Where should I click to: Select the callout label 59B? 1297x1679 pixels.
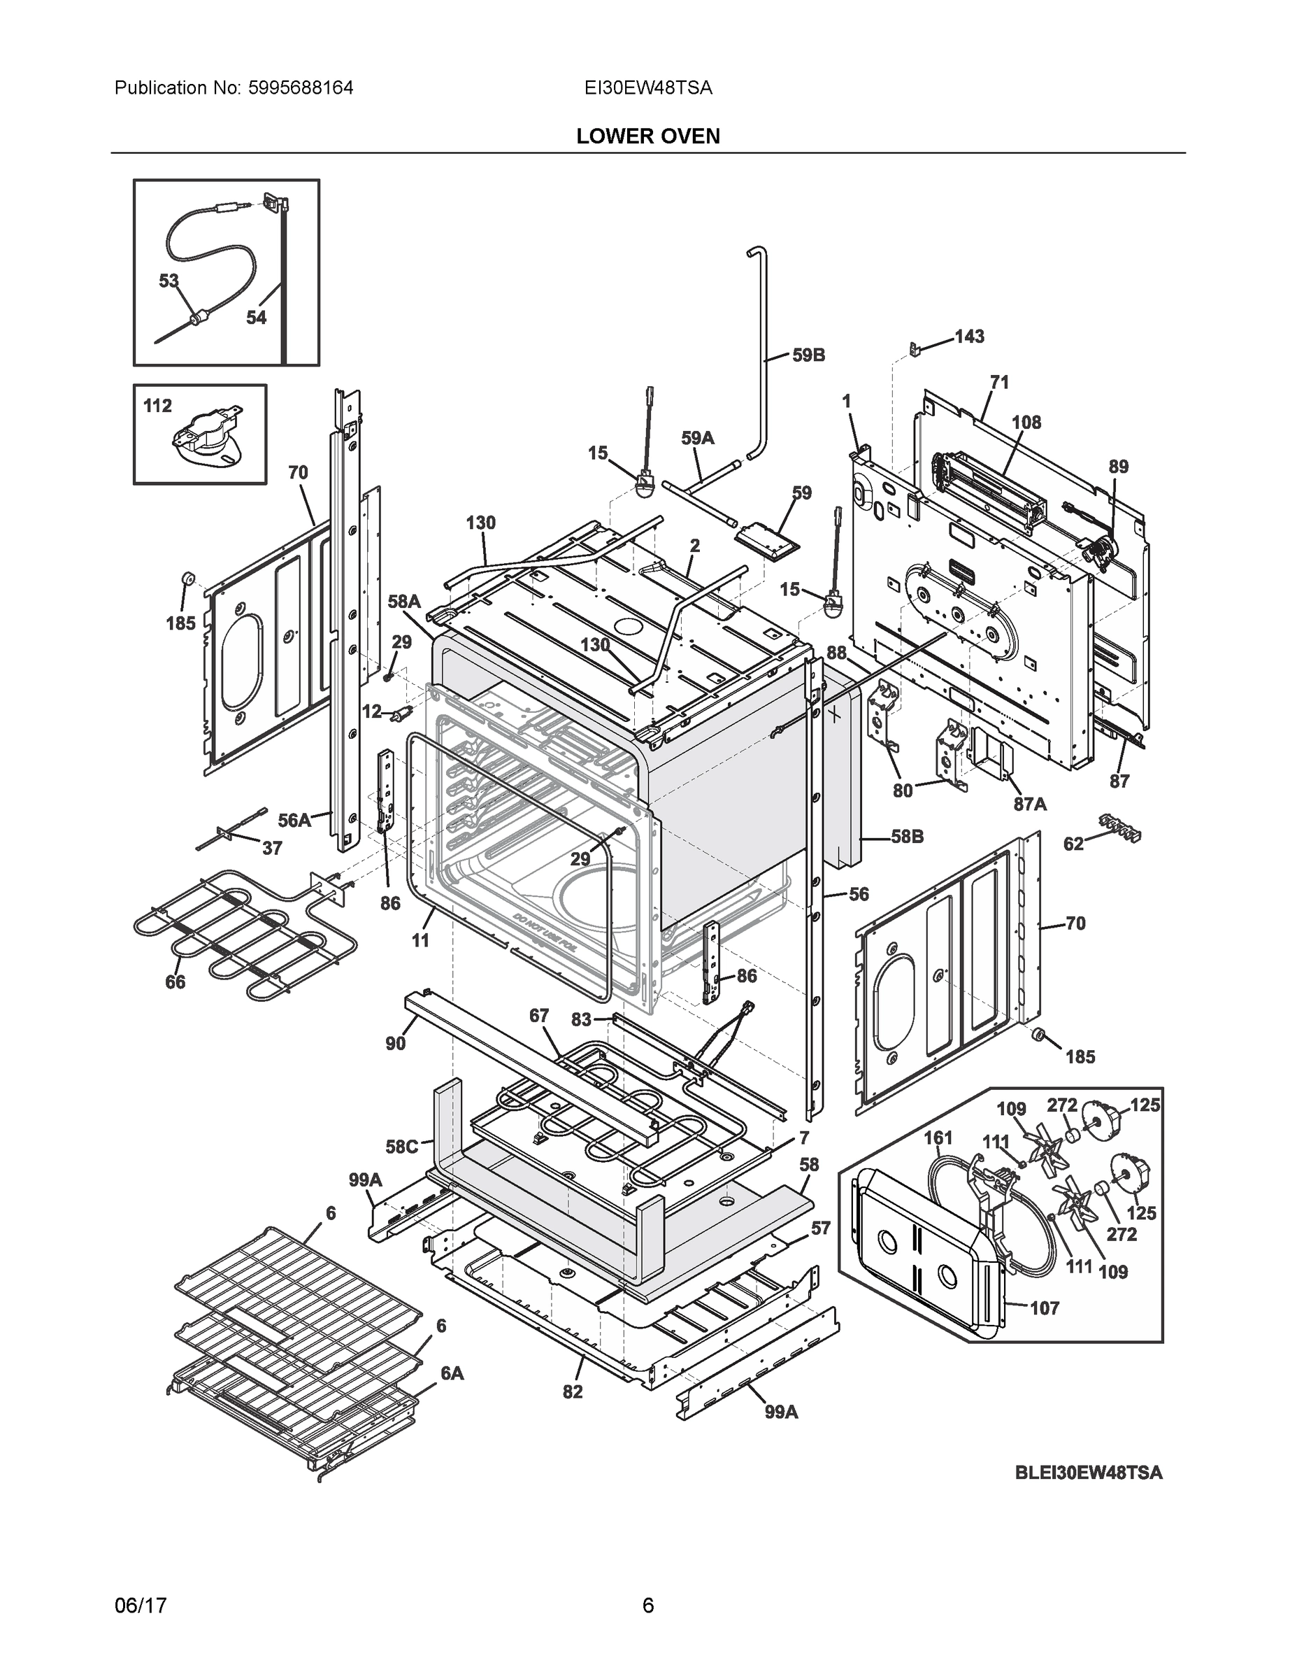point(808,355)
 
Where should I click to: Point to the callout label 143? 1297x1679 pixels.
point(969,336)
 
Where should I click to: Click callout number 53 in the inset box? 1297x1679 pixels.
point(169,281)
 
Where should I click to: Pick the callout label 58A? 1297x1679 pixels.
point(403,602)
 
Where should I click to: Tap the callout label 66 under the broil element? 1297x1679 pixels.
point(175,982)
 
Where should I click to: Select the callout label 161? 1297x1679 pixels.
point(938,1137)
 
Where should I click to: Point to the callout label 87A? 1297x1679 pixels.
point(1030,804)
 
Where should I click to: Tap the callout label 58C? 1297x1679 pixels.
point(402,1147)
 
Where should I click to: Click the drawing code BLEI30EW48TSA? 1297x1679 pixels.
point(1089,1473)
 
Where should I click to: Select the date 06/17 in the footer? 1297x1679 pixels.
point(141,1606)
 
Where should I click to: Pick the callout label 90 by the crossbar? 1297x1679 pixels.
point(395,1043)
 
